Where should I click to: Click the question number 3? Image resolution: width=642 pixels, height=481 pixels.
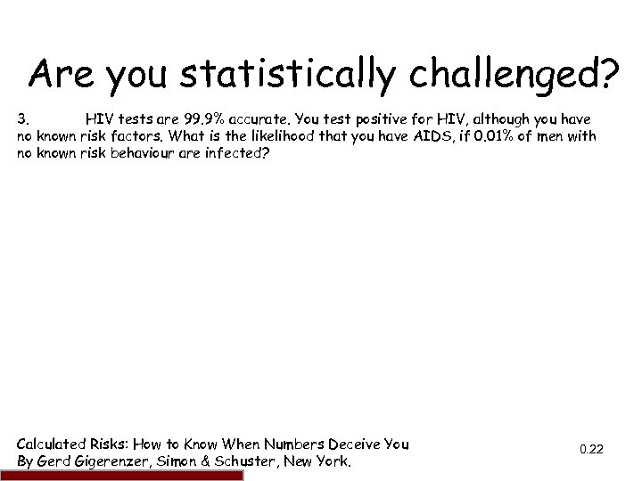(x=24, y=119)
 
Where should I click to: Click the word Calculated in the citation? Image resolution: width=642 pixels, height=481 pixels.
(x=53, y=444)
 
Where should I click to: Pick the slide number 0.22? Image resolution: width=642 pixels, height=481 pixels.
(x=591, y=450)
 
